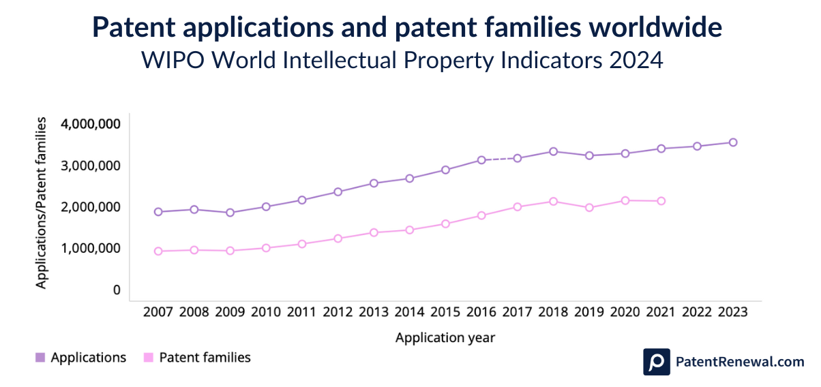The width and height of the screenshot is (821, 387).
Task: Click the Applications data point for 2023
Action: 733,142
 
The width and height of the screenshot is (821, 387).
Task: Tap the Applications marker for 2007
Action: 158,212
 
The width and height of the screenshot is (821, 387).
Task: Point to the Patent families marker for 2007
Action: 158,251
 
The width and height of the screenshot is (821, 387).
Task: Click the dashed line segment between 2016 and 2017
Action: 499,159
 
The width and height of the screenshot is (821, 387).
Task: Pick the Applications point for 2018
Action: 553,151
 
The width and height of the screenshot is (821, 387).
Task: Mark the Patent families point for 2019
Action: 589,207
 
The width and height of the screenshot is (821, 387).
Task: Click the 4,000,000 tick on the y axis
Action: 90,124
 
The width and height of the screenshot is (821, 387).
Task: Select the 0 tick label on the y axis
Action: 117,290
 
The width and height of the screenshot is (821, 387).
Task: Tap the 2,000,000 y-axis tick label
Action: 90,207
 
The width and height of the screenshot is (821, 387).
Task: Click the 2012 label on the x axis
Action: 338,312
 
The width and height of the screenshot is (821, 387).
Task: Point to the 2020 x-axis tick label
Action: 625,312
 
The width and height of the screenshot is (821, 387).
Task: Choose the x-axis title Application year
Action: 445,337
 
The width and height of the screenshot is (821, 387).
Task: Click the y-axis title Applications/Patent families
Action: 42,203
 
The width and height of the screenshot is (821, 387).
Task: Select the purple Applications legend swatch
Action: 40,358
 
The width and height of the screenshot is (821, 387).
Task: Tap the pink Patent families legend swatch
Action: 148,358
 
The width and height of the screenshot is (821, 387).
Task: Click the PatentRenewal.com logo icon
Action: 656,362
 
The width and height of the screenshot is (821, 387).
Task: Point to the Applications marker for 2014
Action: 409,179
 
